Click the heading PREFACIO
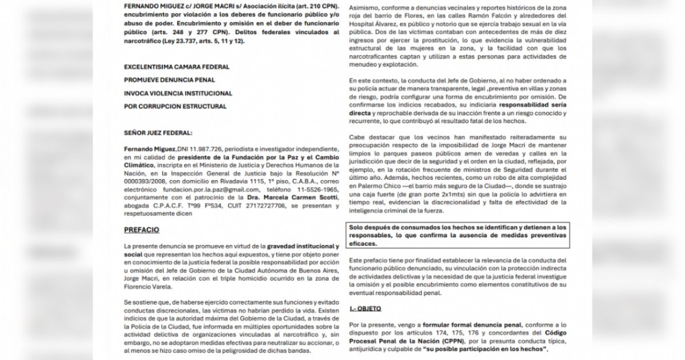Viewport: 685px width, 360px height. (x=142, y=230)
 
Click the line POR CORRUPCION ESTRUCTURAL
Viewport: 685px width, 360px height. (x=167, y=106)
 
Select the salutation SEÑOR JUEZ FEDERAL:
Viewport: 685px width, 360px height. (x=154, y=132)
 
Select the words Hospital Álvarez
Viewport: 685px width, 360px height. (x=372, y=34)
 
